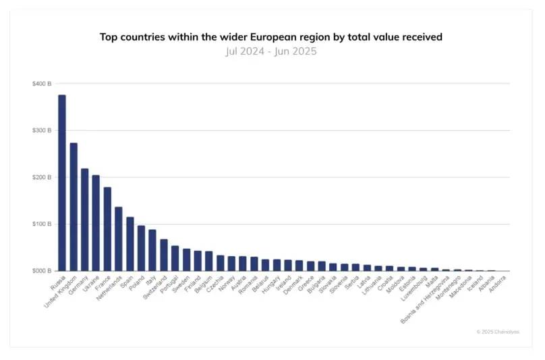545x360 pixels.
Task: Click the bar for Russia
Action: (62, 183)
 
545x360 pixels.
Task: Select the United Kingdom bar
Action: (74, 207)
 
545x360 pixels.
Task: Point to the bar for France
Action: (107, 229)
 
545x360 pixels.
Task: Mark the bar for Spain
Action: (130, 244)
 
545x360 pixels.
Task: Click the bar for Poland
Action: (141, 248)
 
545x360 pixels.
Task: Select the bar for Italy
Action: (152, 250)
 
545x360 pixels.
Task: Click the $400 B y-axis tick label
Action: (42, 84)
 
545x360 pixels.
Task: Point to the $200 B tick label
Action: (42, 177)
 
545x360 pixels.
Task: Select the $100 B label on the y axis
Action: (42, 224)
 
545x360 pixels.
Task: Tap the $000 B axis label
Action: (42, 271)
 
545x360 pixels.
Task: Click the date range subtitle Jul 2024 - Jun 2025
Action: (270, 51)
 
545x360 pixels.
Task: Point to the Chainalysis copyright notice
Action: (498, 332)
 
